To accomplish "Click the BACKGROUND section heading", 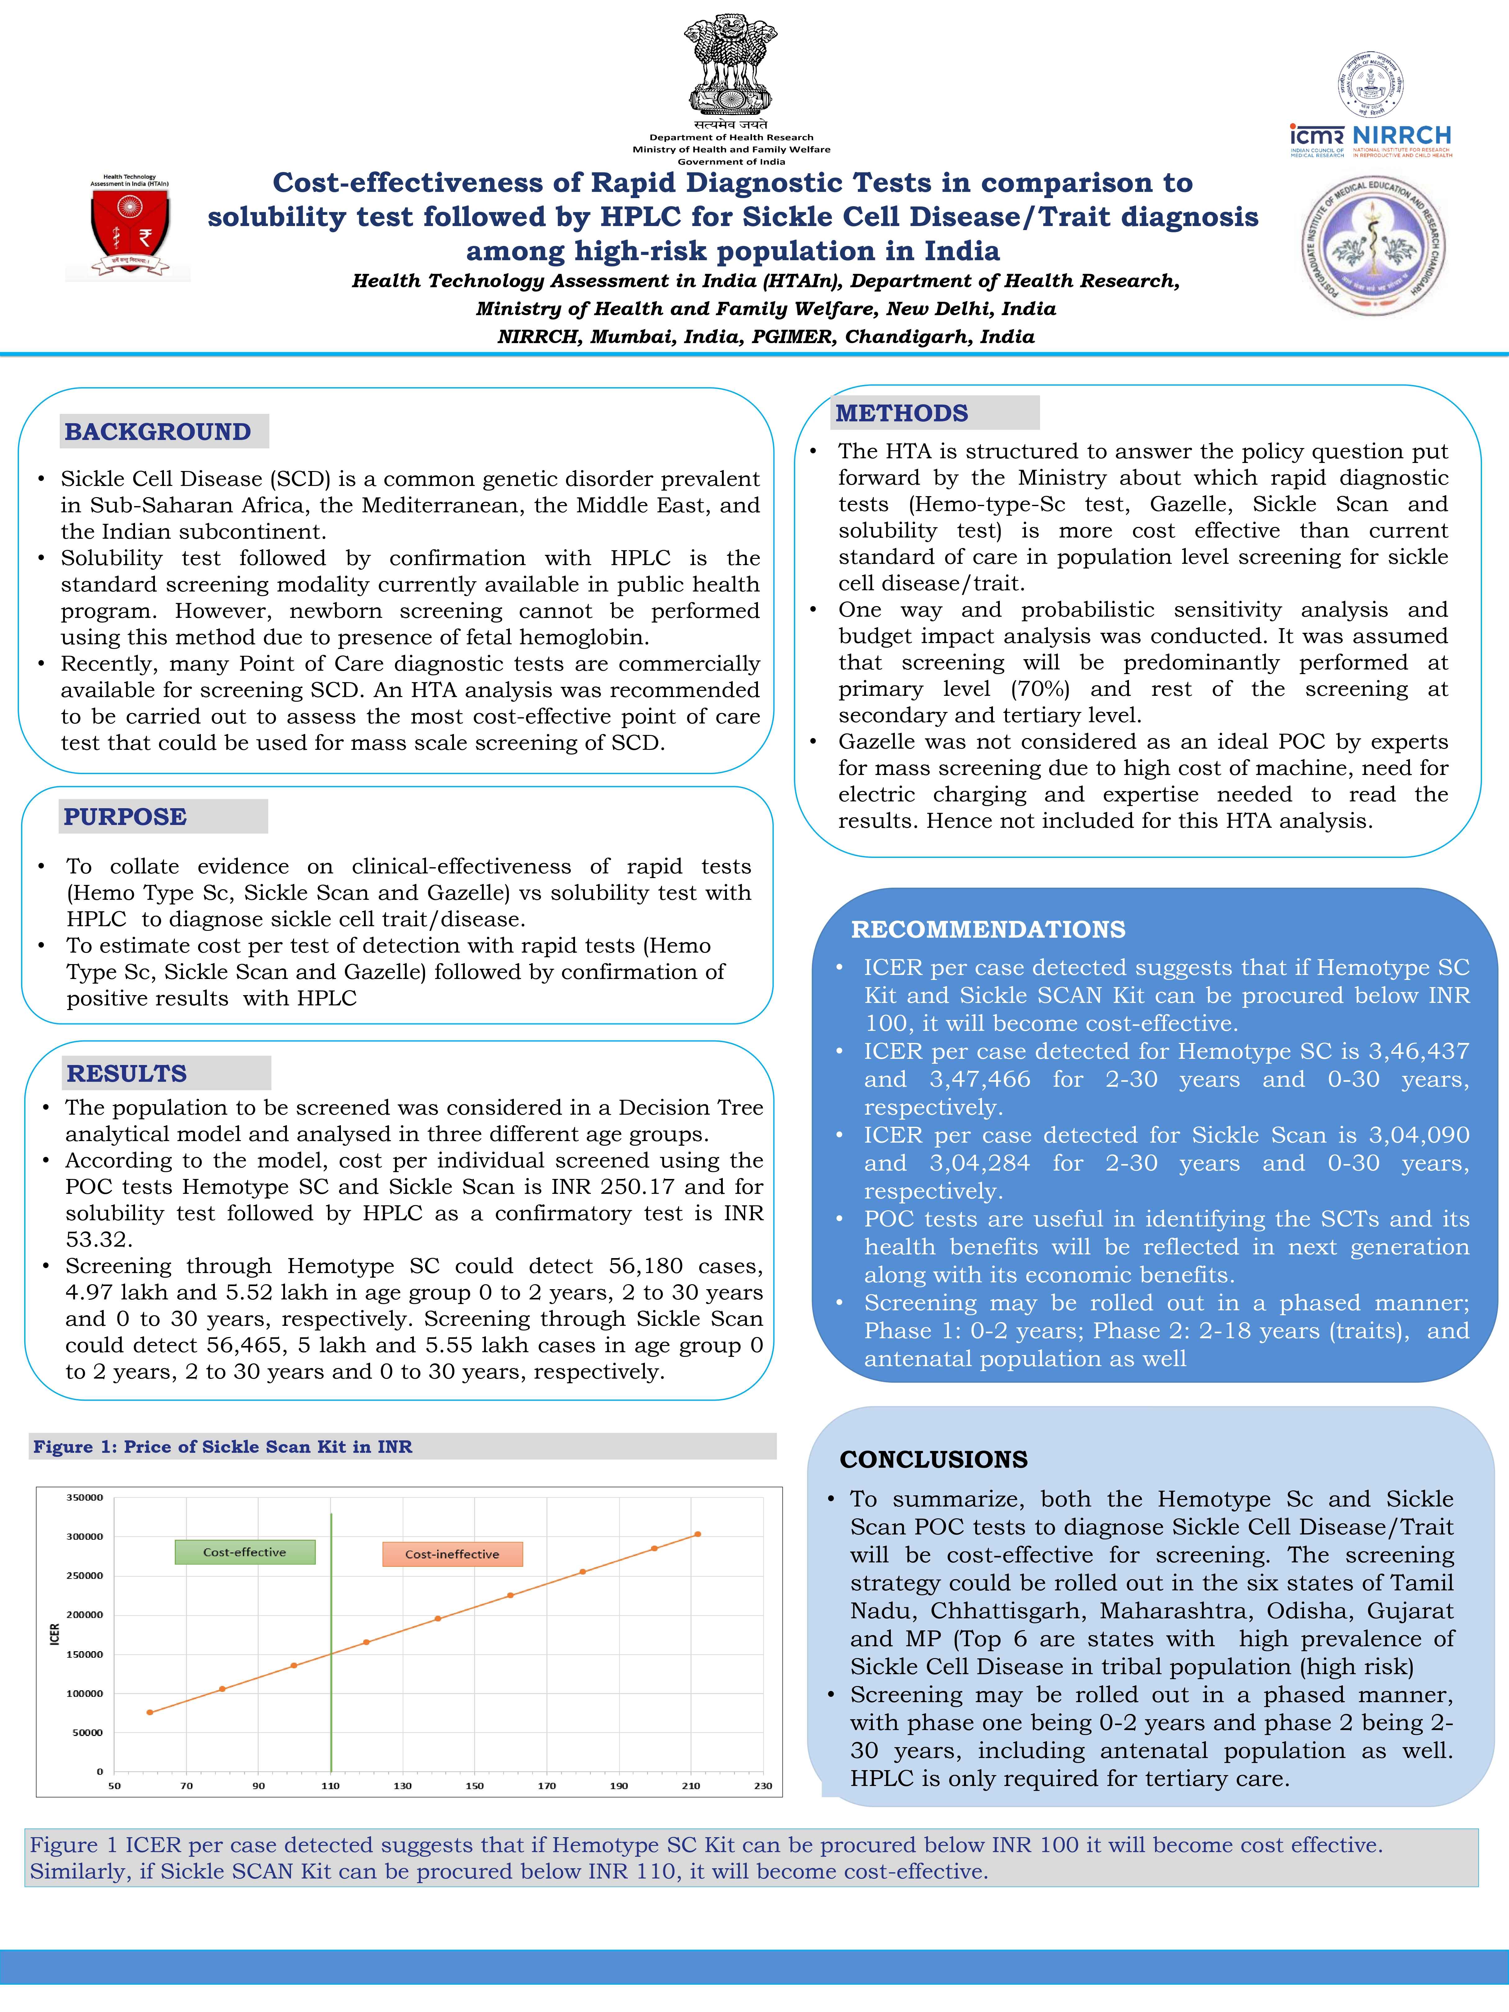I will coord(157,432).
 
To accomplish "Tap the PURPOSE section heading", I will coord(125,817).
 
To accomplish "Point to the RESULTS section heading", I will coord(126,1073).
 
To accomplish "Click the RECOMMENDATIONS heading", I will coord(988,930).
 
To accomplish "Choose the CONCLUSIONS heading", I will coord(933,1460).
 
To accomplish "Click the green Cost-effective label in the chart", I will coord(245,1553).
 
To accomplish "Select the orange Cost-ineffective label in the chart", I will coord(452,1554).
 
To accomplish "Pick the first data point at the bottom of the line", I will coord(150,1713).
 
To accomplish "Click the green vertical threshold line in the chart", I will coord(331,1637).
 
